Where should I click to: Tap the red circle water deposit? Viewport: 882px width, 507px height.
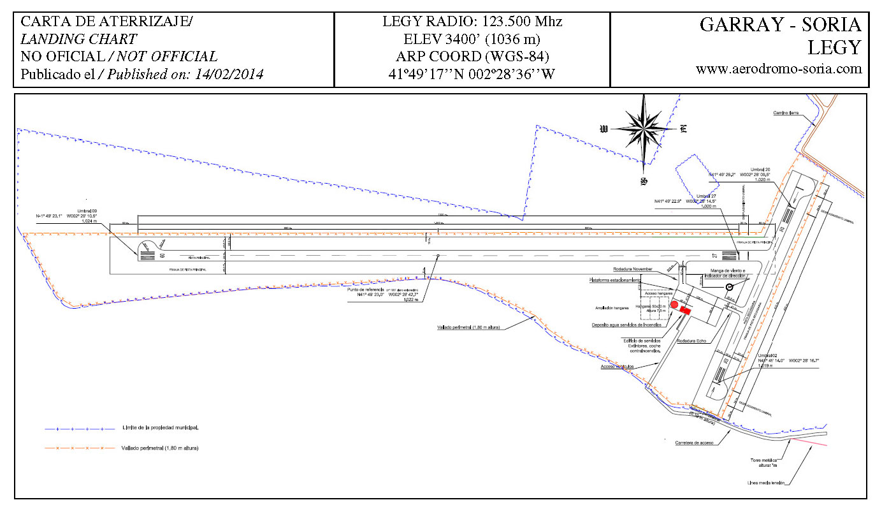[674, 305]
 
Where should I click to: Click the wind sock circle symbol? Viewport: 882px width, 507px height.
[729, 288]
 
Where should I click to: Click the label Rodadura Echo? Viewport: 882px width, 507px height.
[692, 341]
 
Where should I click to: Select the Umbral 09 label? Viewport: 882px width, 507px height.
[87, 210]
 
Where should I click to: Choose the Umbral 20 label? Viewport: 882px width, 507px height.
[760, 169]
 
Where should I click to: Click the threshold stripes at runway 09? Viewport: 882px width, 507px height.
[146, 256]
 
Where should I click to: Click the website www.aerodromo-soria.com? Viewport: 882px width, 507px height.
[779, 69]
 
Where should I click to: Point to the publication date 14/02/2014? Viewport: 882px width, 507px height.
[226, 74]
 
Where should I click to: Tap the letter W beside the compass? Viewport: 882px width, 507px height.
[604, 129]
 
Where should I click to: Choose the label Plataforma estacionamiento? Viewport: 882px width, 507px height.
[614, 280]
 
